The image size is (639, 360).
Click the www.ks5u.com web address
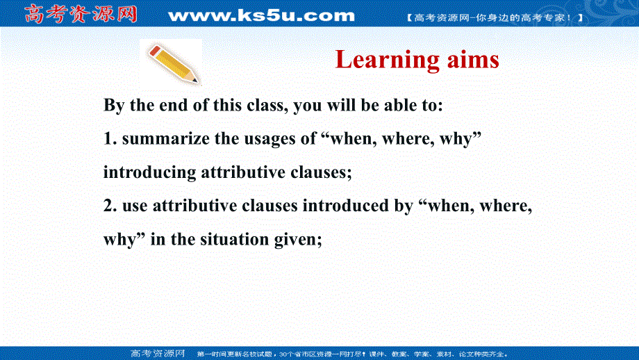[261, 15]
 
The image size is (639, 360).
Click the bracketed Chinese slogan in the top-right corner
[493, 15]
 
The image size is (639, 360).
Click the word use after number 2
[135, 206]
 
